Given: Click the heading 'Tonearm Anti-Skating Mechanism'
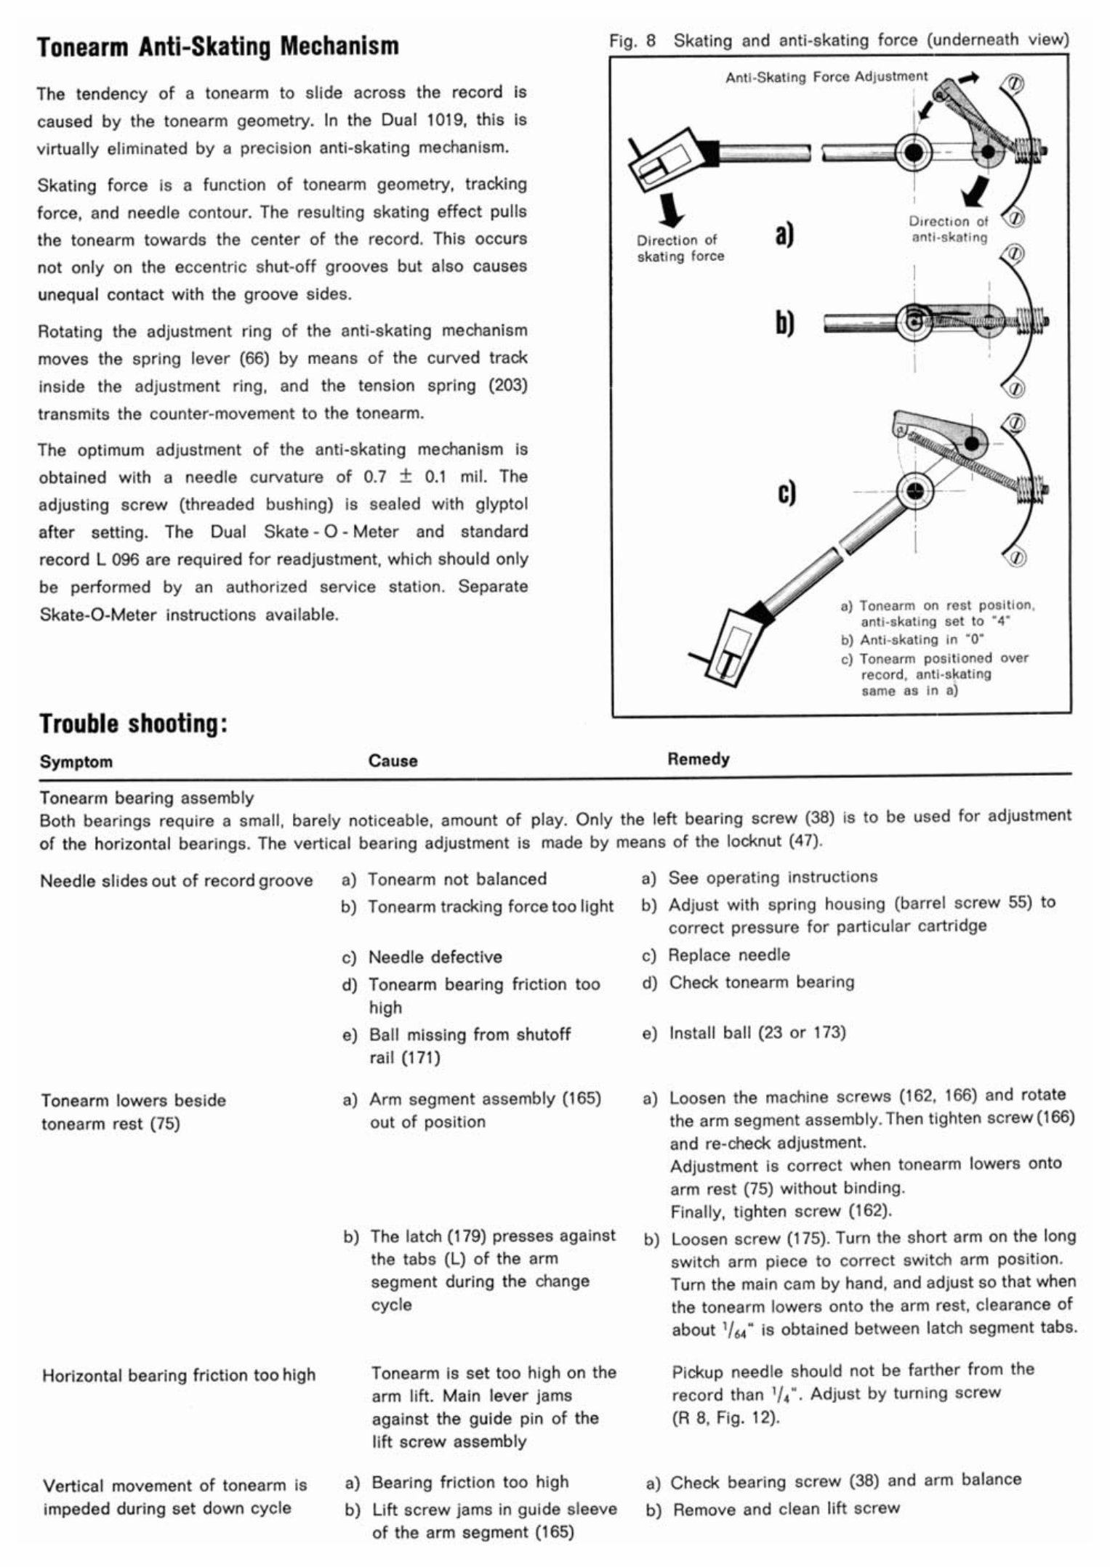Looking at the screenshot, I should tap(217, 46).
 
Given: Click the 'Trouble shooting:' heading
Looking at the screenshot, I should tap(134, 723).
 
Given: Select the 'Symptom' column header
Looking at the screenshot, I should tap(76, 761).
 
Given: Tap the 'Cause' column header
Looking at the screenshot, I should tap(393, 761).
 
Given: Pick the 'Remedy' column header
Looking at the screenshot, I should tap(698, 759).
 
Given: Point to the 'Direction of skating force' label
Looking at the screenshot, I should tap(680, 248).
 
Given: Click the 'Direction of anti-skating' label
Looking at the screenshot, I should tap(949, 230).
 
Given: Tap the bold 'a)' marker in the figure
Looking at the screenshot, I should tap(784, 234).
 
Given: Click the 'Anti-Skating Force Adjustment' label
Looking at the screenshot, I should tap(826, 76).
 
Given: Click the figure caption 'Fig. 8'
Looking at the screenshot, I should tap(632, 41).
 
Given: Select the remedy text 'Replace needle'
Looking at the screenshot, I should tap(728, 955).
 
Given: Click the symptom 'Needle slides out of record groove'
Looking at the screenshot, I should tap(176, 880).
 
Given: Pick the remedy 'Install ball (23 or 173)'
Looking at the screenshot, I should tap(756, 1032).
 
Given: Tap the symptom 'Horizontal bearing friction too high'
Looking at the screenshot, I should tap(179, 1374).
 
